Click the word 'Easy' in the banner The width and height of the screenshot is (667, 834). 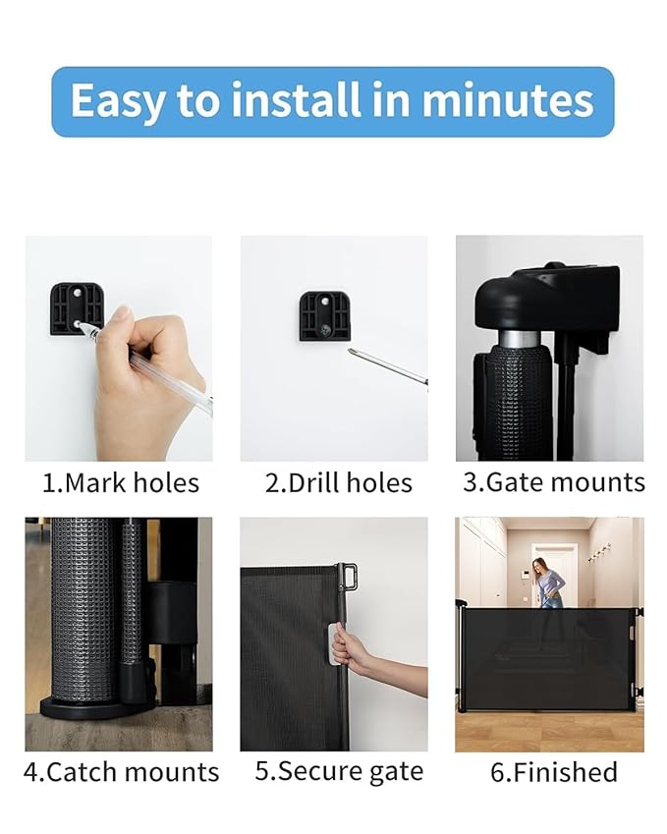pyautogui.click(x=116, y=101)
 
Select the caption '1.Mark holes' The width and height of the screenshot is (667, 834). pyautogui.click(x=120, y=482)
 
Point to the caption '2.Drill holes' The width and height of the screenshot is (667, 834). pyautogui.click(x=338, y=482)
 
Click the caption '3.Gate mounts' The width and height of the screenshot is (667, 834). pyautogui.click(x=553, y=482)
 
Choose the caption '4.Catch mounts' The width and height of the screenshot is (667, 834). pyautogui.click(x=121, y=772)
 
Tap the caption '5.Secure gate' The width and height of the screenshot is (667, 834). pyautogui.click(x=339, y=772)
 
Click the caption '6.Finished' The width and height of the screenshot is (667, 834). pyautogui.click(x=553, y=772)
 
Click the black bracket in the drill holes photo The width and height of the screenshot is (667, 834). pyautogui.click(x=324, y=314)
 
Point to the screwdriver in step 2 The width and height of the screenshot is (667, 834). pyautogui.click(x=388, y=366)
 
